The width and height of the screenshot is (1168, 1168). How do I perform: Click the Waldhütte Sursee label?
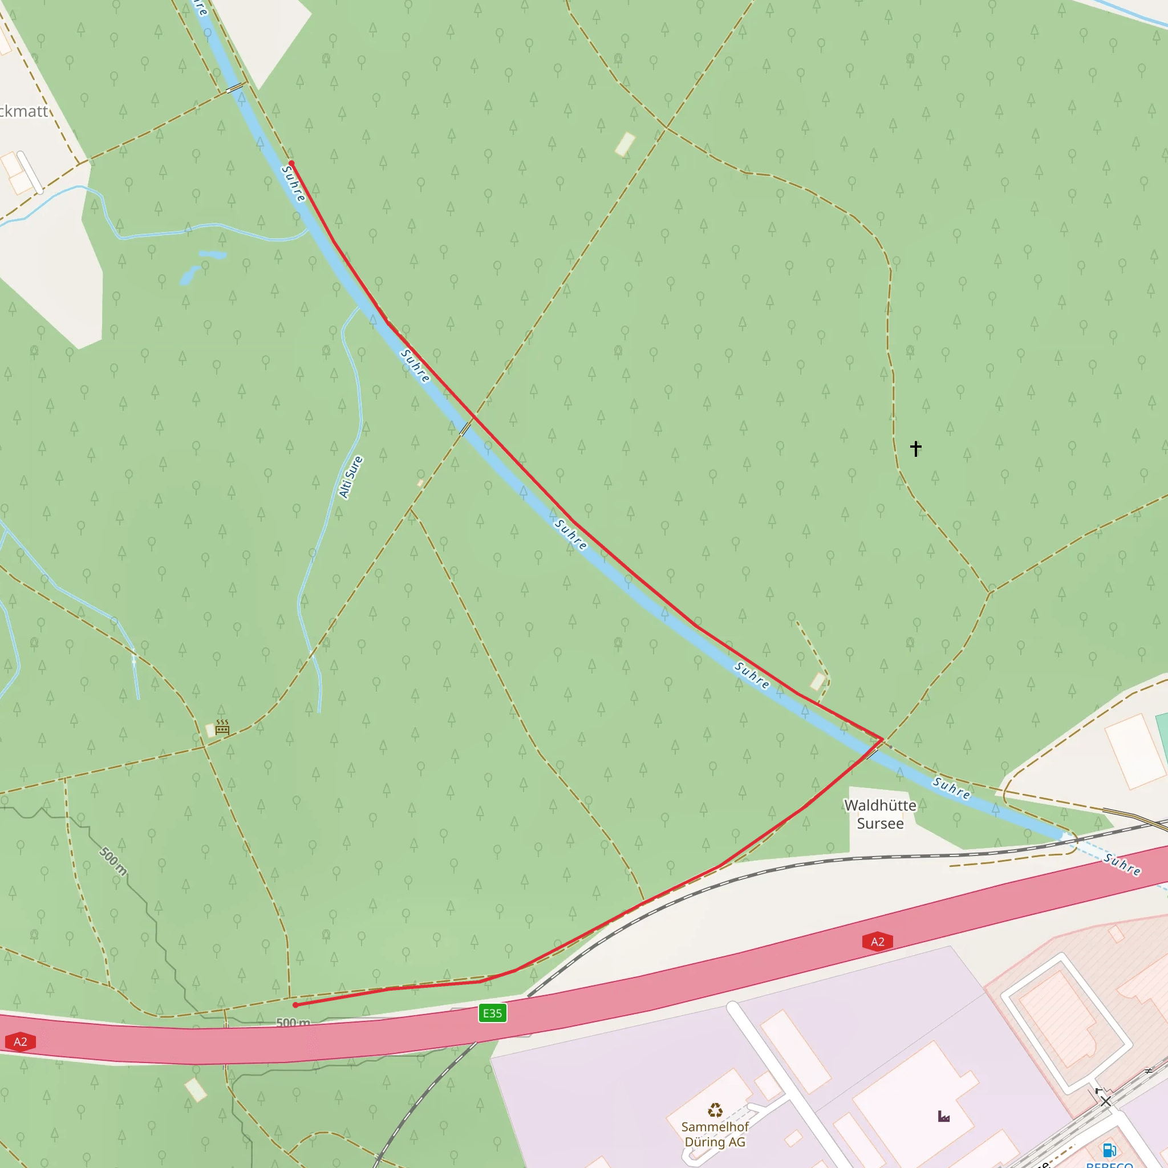click(x=879, y=814)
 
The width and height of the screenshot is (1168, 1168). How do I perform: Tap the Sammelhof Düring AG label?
click(x=715, y=1134)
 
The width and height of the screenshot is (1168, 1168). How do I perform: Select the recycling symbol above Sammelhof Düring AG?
click(x=715, y=1110)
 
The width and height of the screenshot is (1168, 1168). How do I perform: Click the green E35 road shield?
click(x=492, y=1013)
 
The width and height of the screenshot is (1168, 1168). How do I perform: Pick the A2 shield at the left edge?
click(x=20, y=1041)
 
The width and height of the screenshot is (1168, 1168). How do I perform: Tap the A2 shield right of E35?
click(x=877, y=941)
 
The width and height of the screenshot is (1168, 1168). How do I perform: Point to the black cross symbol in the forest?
click(x=916, y=448)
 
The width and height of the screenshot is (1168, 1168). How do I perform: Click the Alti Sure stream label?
click(x=351, y=477)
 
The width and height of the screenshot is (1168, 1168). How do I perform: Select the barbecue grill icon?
click(x=222, y=727)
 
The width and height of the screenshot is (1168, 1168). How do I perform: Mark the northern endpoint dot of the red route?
click(x=291, y=164)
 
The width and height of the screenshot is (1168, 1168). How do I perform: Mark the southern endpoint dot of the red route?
click(x=295, y=1005)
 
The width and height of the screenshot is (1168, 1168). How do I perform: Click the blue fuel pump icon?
click(x=1109, y=1149)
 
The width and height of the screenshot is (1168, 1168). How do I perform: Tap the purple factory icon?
click(x=944, y=1116)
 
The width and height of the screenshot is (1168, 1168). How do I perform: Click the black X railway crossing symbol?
click(x=1106, y=1101)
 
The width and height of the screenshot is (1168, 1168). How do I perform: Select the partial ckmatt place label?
click(x=23, y=111)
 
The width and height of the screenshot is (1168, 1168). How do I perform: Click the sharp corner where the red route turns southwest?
click(x=882, y=739)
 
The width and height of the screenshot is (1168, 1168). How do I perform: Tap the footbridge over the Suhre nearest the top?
click(x=234, y=88)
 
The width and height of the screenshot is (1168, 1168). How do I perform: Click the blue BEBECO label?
click(x=1109, y=1164)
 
